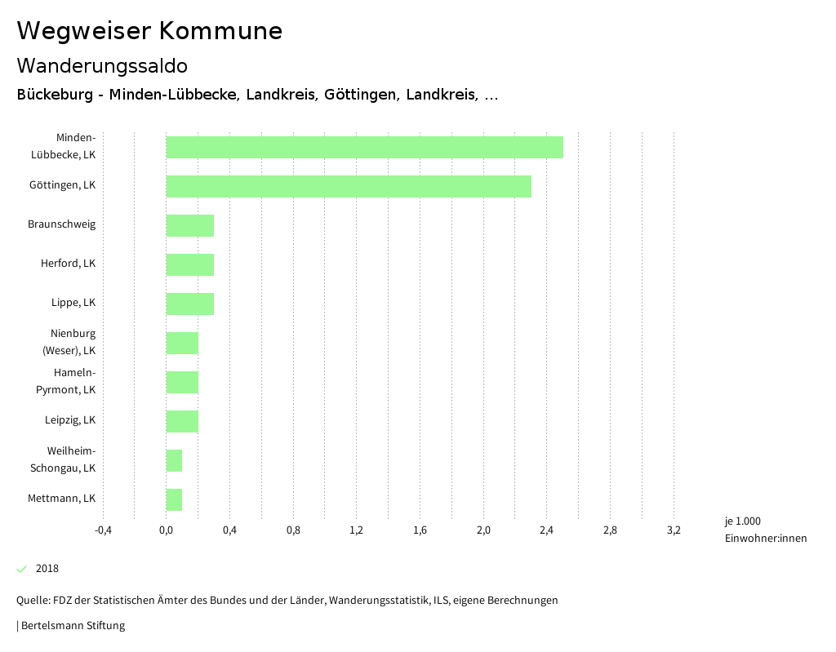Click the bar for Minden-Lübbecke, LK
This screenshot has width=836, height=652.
coord(364,147)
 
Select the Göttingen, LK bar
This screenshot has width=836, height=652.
coord(349,186)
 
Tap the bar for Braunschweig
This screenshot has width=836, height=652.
coord(189,225)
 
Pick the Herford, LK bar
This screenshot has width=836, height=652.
coord(189,264)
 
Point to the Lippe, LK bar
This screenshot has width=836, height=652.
coord(189,304)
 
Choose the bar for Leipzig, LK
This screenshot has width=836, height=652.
coord(182,421)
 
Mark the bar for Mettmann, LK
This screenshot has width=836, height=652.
coord(174,499)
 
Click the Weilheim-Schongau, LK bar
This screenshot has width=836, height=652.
coord(174,460)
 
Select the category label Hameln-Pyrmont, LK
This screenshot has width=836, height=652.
coord(66,381)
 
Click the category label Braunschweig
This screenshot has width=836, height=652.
coord(61,224)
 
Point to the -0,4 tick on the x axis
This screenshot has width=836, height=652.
coord(103,530)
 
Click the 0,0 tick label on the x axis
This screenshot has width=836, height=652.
coord(166,530)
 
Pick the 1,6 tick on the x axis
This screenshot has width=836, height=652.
coord(420,530)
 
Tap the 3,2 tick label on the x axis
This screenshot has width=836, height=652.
coord(674,530)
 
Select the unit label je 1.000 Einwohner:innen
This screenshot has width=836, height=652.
coord(765,530)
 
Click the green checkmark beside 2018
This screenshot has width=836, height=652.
coord(22,569)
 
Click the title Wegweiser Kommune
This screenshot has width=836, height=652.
coord(149,31)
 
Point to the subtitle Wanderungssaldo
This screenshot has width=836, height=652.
coord(102,65)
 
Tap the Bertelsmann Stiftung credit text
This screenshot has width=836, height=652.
coord(72,626)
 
